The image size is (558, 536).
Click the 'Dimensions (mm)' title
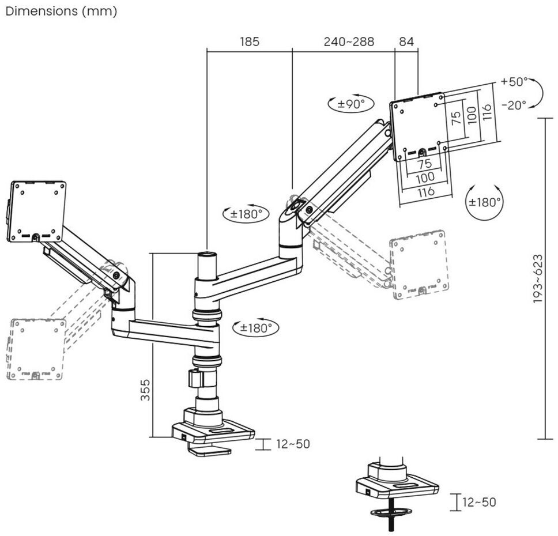tap(61, 12)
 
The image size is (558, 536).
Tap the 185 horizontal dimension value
tap(249, 41)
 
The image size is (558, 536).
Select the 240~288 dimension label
tap(348, 41)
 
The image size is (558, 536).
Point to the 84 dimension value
tap(406, 41)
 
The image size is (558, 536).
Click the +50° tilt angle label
tap(514, 81)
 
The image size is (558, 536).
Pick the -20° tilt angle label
tap(514, 105)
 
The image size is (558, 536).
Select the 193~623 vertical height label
tap(537, 278)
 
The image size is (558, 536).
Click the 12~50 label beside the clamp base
tap(292, 444)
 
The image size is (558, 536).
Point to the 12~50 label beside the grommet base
tap(478, 502)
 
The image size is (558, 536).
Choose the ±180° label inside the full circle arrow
tap(484, 202)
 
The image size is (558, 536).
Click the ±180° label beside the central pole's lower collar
tap(255, 328)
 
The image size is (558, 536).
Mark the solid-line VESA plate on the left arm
tap(37, 212)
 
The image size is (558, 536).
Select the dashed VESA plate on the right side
tap(419, 265)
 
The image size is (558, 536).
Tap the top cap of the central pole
tap(206, 254)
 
